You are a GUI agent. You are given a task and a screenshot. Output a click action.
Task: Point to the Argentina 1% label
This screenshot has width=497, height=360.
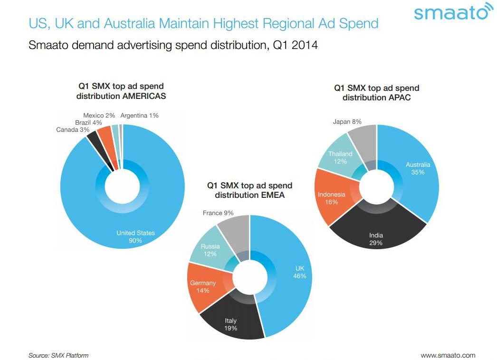[x=139, y=115]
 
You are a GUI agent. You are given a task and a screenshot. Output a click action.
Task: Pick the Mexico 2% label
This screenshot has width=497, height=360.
[x=99, y=115]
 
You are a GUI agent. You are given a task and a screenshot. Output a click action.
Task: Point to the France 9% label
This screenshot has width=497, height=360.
[x=218, y=213]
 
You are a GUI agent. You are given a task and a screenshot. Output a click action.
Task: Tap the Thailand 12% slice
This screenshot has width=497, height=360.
[x=340, y=157]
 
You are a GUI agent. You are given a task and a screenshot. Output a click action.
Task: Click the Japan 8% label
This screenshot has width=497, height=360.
[x=347, y=122]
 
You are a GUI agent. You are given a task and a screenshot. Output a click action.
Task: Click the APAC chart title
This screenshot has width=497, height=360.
[x=377, y=93]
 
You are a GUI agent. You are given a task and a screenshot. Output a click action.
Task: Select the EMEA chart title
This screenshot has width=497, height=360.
[x=249, y=190]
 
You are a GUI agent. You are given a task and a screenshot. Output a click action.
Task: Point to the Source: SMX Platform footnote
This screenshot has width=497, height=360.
[x=58, y=355]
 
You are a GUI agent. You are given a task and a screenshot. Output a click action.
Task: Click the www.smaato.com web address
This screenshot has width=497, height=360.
[x=448, y=355]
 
